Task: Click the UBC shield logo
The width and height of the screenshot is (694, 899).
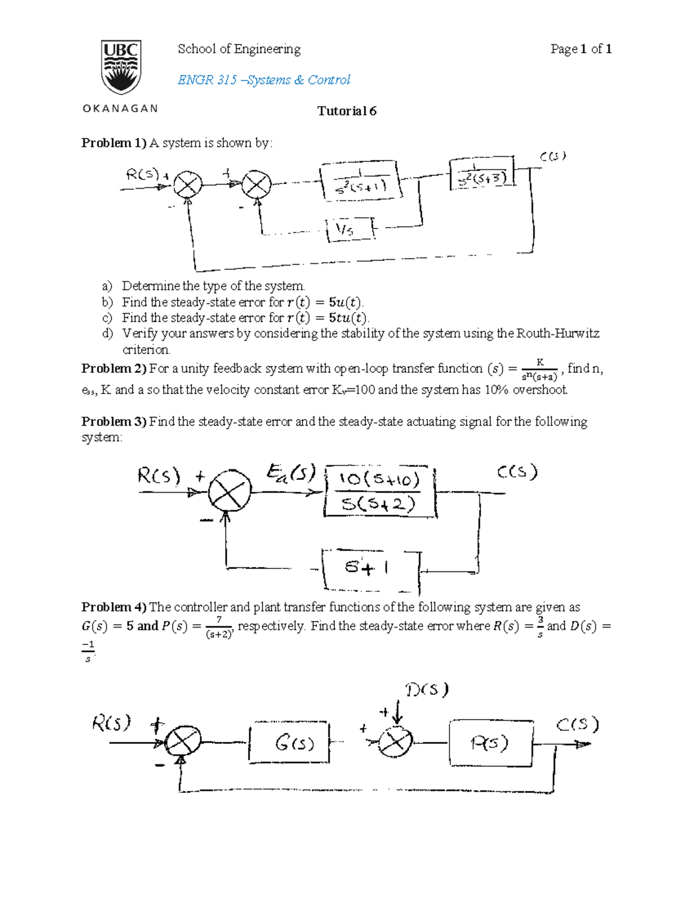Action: pyautogui.click(x=121, y=67)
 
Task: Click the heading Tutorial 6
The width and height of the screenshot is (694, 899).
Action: pyautogui.click(x=346, y=111)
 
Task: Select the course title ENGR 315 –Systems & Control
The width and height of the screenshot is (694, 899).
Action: pyautogui.click(x=264, y=80)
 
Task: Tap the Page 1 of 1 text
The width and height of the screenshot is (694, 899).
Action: pyautogui.click(x=581, y=49)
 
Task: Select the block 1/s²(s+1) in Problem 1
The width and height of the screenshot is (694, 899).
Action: pyautogui.click(x=361, y=181)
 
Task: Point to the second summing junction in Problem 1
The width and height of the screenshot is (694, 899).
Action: pyautogui.click(x=256, y=185)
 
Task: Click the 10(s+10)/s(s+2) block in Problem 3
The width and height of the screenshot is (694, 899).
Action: pyautogui.click(x=379, y=491)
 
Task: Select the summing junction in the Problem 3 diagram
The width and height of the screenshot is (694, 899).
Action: pyautogui.click(x=230, y=490)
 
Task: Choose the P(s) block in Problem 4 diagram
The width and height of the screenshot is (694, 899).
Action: pyautogui.click(x=490, y=743)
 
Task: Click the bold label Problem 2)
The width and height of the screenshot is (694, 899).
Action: pyautogui.click(x=115, y=369)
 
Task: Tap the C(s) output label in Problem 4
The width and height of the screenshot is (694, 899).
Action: pyautogui.click(x=577, y=725)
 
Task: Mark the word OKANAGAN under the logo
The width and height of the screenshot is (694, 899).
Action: pyautogui.click(x=120, y=109)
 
